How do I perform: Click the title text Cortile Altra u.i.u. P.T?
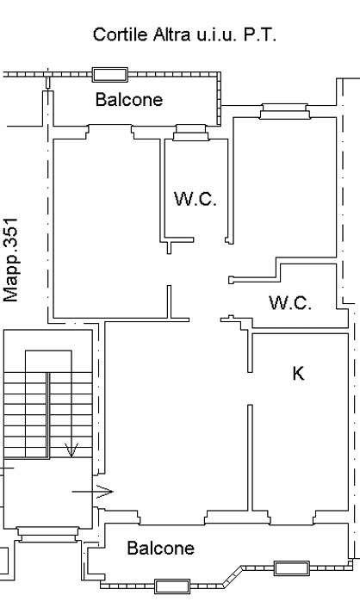(184, 34)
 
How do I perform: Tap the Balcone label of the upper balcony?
(129, 99)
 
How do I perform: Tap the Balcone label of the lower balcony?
(160, 548)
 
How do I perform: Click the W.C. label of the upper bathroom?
(196, 199)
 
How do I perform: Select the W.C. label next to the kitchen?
(290, 302)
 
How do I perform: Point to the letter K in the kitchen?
(298, 373)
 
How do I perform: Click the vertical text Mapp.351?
(10, 260)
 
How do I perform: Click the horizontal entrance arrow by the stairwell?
(92, 492)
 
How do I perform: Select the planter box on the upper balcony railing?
(110, 74)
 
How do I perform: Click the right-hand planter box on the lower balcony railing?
(292, 568)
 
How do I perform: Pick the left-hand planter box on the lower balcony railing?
(172, 586)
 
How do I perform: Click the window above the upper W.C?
(191, 133)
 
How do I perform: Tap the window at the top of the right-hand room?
(285, 111)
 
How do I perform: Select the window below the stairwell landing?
(48, 535)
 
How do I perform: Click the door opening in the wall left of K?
(250, 388)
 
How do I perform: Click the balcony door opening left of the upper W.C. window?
(110, 132)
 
